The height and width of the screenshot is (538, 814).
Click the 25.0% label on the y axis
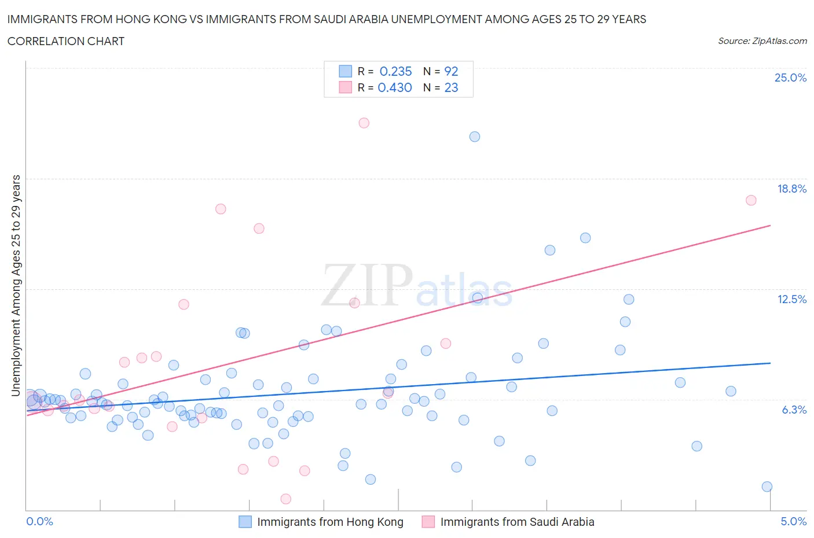[790, 78]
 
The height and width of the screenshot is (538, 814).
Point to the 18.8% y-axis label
[791, 189]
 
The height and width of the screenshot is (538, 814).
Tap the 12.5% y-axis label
[791, 299]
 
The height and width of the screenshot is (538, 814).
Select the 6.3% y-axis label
[794, 410]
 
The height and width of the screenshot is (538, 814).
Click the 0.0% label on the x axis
[40, 521]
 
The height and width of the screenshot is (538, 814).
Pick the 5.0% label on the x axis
[793, 521]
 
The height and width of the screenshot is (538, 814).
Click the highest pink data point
[364, 123]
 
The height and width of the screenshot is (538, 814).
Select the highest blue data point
[475, 137]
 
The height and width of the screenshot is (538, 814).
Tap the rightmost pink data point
[751, 200]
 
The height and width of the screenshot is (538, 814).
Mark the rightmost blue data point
[767, 487]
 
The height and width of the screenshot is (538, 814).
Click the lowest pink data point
[285, 499]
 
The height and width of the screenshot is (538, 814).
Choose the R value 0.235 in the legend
[395, 71]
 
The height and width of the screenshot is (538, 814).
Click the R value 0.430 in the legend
[395, 87]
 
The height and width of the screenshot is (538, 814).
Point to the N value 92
[451, 71]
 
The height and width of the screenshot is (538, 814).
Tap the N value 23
[451, 87]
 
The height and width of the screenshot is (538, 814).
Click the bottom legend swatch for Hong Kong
[245, 522]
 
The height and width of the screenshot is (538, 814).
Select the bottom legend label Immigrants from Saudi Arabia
[517, 522]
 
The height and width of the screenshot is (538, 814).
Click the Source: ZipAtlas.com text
[762, 40]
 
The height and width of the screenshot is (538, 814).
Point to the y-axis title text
[16, 285]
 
